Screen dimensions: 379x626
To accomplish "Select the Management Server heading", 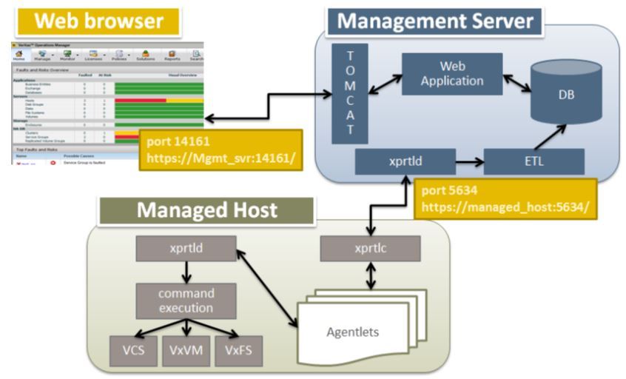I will pyautogui.click(x=435, y=20).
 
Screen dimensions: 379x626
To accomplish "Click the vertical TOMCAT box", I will pyautogui.click(x=350, y=93).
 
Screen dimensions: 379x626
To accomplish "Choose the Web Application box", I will pyautogui.click(x=451, y=73).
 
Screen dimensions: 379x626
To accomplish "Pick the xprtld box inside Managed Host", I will pyautogui.click(x=186, y=248).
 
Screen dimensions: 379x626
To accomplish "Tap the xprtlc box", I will pyautogui.click(x=369, y=248).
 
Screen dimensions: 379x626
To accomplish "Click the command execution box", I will pyautogui.click(x=186, y=301).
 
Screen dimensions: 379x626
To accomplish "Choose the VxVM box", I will pyautogui.click(x=185, y=350).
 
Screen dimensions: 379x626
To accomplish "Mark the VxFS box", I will pyautogui.click(x=238, y=350).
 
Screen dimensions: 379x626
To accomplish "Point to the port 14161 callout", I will pyautogui.click(x=220, y=150).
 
